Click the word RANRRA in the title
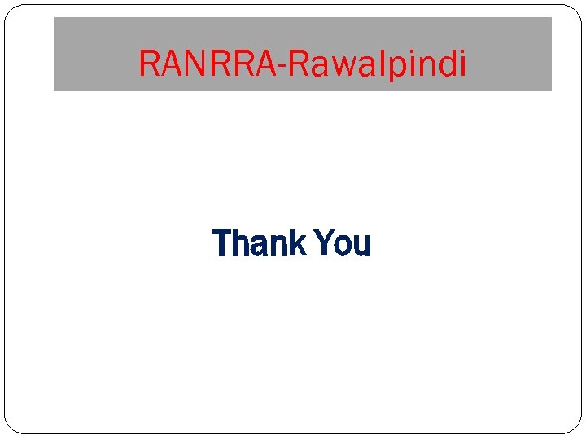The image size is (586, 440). tap(207, 63)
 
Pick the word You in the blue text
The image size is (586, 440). tap(342, 244)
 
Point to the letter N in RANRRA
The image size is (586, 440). tap(195, 63)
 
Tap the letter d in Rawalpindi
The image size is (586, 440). tap(444, 63)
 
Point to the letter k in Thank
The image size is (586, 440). tap(295, 244)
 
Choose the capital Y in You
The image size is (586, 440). tap(323, 244)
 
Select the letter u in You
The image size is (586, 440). tap(361, 246)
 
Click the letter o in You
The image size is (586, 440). tap(343, 246)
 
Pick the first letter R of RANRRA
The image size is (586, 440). tap(149, 63)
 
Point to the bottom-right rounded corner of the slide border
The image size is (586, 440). tap(574, 425)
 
